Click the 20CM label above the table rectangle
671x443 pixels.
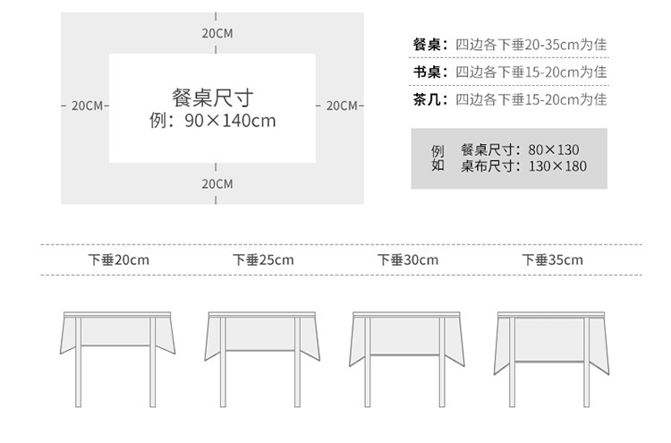pos(217,33)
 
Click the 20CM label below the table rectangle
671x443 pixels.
pos(217,183)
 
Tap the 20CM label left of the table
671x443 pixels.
pos(87,106)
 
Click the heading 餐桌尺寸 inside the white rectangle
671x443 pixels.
pos(212,97)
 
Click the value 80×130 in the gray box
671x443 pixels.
pos(553,149)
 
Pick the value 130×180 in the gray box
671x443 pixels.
pos(557,166)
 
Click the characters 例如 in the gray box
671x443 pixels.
pos(437,158)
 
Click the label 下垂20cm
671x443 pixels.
pos(118,260)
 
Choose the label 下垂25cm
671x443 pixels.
pos(263,260)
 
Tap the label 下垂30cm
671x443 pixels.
pos(408,260)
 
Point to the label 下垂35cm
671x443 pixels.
pos(552,260)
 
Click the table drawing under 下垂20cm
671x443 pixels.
pos(116,358)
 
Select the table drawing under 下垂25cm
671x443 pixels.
pos(262,358)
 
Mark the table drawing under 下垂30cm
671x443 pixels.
pos(407,358)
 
